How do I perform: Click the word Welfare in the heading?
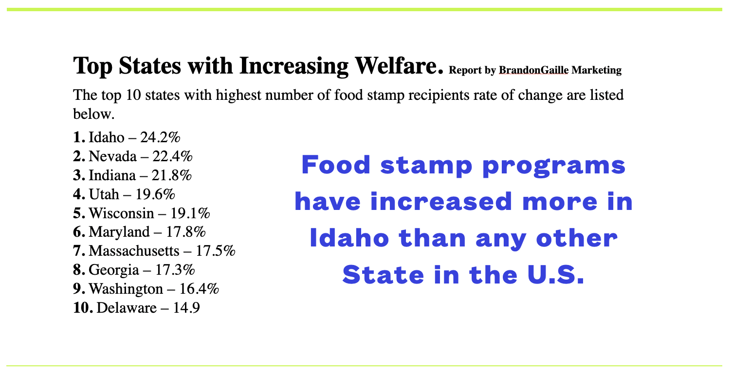tap(399, 66)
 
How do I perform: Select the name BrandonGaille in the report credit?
tap(533, 70)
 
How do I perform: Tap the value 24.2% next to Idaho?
tap(160, 137)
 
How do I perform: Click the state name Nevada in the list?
tap(112, 156)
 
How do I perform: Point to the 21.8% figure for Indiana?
tap(171, 175)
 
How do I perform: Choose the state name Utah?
tap(104, 194)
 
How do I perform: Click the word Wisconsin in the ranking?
tap(121, 213)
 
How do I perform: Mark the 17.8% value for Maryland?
tap(186, 232)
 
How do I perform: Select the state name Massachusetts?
tap(134, 251)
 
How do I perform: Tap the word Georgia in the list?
tap(114, 270)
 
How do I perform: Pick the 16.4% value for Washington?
tap(199, 289)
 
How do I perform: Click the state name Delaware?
tap(127, 308)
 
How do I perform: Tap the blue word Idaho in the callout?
tap(349, 238)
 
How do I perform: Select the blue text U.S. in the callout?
tap(556, 275)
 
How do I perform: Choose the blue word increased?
tap(441, 201)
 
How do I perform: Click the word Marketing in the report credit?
tap(597, 70)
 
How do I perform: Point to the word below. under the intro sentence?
tap(94, 114)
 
